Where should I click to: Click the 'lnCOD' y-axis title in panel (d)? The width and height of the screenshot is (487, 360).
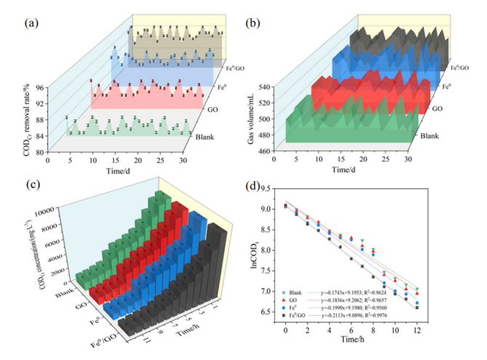255,265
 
